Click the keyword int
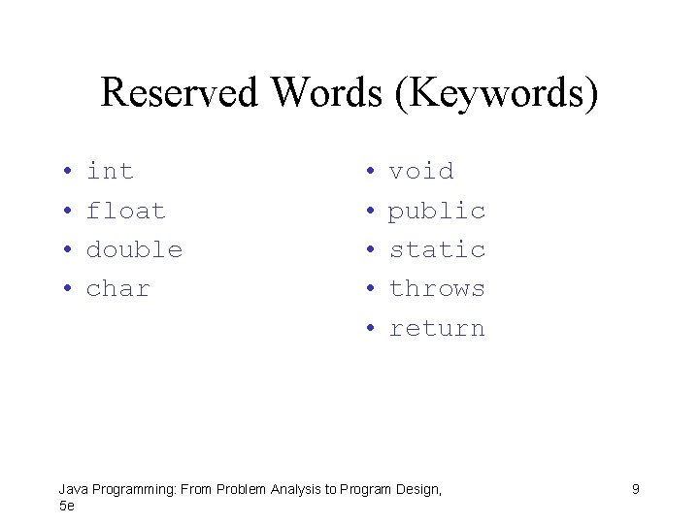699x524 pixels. (110, 172)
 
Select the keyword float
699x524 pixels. (126, 211)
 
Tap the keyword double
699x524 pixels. (134, 249)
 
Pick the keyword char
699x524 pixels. (118, 289)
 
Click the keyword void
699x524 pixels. (421, 172)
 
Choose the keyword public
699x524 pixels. (437, 212)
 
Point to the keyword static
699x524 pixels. (437, 249)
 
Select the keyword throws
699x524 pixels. (437, 289)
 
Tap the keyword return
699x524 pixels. (437, 329)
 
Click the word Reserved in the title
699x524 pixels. (182, 93)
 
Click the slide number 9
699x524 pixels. (636, 489)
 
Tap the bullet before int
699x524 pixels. (66, 173)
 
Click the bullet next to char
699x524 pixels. (66, 290)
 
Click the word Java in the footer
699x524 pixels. (72, 490)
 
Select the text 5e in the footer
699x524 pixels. (66, 506)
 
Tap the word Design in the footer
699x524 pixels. (417, 490)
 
